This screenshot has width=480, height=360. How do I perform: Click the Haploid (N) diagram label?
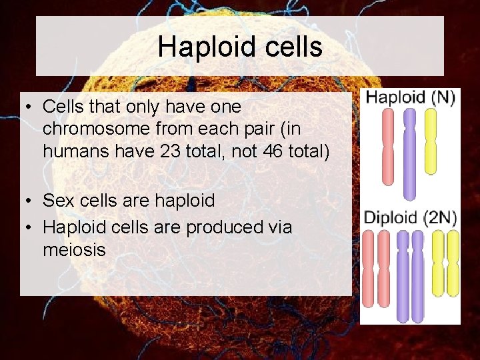(410, 97)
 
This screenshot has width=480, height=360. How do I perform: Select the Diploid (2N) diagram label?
(410, 217)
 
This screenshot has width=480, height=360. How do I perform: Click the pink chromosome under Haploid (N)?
(388, 145)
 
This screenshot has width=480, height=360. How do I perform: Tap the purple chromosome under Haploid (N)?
(409, 153)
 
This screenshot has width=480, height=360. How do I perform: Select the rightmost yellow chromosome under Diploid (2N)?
(453, 263)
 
